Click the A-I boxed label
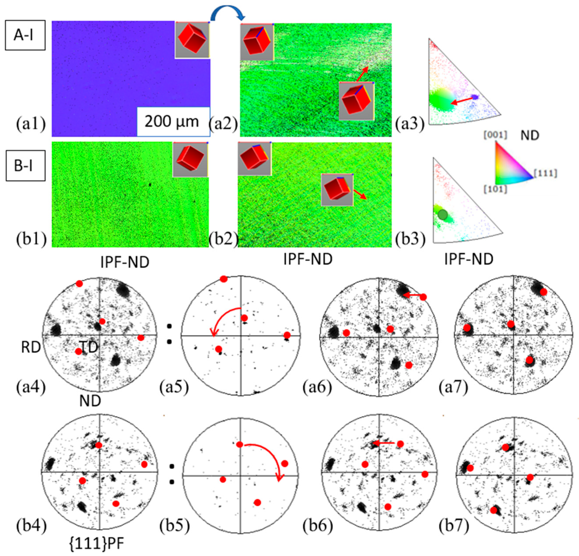(x=25, y=35)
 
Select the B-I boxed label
(x=25, y=166)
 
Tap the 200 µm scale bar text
(x=172, y=121)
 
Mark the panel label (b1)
(x=31, y=239)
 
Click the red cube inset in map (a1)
(x=192, y=40)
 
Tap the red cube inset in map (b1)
(x=191, y=160)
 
